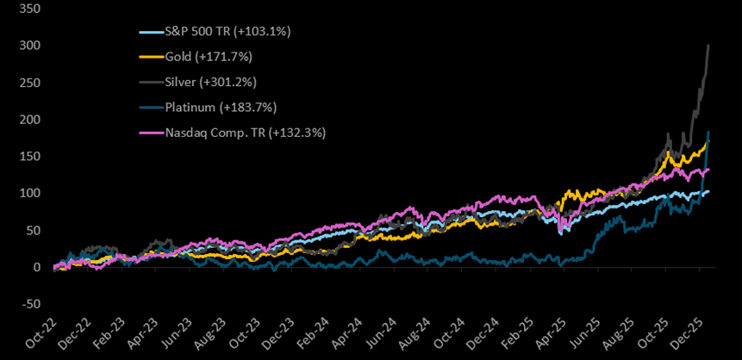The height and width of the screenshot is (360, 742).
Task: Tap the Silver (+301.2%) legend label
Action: coord(205,83)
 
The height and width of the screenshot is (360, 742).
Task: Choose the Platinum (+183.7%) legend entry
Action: coord(214,108)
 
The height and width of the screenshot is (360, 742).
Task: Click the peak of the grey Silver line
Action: coord(708,45)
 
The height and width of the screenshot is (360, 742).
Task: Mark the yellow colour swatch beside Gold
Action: coord(149,58)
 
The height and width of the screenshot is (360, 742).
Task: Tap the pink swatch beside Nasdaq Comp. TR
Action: coord(149,133)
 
